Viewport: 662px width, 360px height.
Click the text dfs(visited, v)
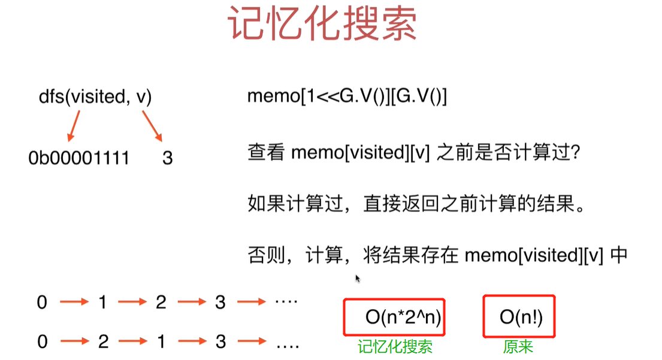click(95, 97)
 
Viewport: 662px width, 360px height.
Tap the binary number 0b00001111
click(78, 158)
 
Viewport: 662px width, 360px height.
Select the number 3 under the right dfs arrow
click(168, 158)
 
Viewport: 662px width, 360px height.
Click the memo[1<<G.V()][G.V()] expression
click(347, 97)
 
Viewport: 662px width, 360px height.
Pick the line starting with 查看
click(414, 153)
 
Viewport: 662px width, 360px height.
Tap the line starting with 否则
click(437, 256)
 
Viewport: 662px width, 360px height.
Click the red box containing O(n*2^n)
click(394, 317)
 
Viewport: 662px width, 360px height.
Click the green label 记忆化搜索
click(395, 347)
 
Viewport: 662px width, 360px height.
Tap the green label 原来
click(518, 347)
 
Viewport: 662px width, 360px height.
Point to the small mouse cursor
click(358, 279)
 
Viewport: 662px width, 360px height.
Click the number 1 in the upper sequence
click(102, 302)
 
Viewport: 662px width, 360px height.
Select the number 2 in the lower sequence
click(102, 343)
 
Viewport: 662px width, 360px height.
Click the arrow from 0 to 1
click(72, 302)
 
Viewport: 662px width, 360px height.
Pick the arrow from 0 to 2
click(72, 343)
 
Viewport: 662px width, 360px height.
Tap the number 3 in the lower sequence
click(220, 343)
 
